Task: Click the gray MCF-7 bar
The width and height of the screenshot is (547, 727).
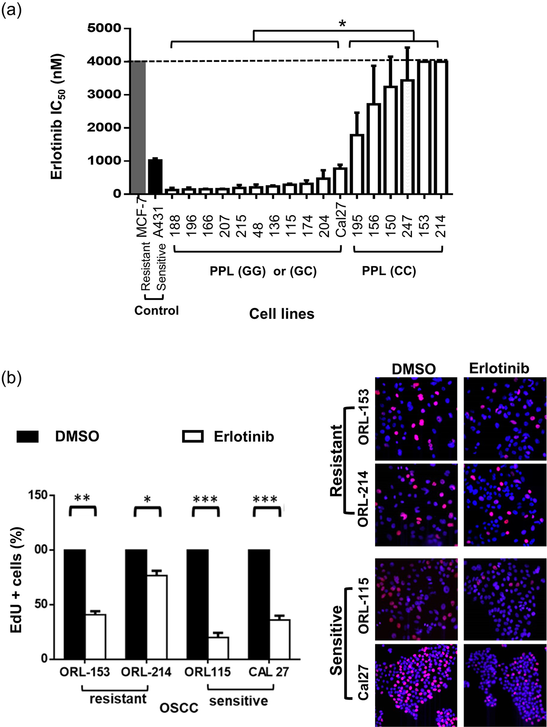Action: pos(138,128)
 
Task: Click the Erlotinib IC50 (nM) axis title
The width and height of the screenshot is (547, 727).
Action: pos(57,117)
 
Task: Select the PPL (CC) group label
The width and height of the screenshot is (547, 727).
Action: pos(389,271)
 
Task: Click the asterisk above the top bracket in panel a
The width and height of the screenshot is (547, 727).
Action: pos(343,24)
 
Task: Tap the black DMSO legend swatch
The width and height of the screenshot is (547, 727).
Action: pos(27,437)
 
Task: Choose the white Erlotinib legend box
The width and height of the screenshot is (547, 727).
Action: pos(193,436)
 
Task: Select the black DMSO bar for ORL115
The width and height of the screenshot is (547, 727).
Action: pos(197,604)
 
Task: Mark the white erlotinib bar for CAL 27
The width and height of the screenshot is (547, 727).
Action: pos(280,639)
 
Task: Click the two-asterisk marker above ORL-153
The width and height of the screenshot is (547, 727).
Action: pos(82,499)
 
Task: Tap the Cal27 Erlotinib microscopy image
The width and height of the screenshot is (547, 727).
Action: pos(505,685)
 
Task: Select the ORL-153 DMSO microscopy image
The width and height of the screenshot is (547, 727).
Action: pos(416,419)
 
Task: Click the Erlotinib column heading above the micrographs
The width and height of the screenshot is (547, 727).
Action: pos(499,368)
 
